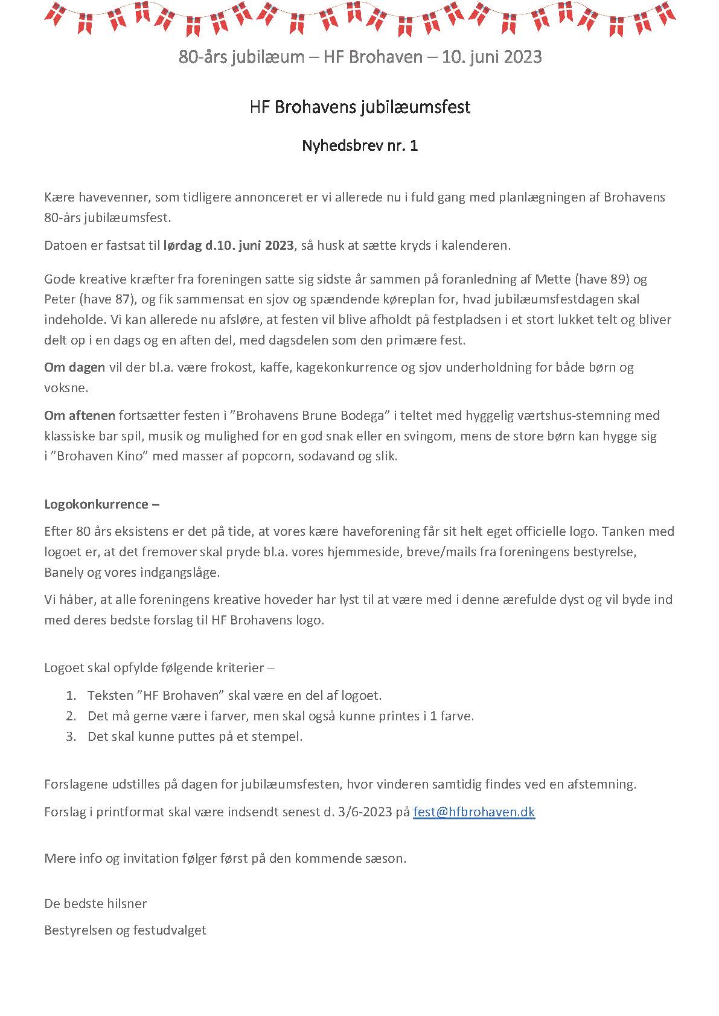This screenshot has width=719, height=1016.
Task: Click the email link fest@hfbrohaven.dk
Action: point(474,811)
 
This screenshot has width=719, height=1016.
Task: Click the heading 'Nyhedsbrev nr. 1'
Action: point(360,145)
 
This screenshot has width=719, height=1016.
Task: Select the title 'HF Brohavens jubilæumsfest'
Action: point(360,107)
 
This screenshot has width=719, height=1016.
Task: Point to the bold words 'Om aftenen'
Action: point(80,415)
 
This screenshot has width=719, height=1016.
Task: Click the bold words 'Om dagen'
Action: point(75,367)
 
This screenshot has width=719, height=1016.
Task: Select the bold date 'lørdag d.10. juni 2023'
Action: point(228,246)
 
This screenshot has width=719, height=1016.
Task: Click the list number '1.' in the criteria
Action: point(71,696)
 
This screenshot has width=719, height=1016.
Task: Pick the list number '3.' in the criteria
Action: point(71,736)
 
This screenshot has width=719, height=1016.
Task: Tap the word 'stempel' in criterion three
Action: point(280,737)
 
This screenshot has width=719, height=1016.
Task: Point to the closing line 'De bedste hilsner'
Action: point(95,903)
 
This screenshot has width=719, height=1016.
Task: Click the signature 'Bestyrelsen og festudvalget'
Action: point(125,930)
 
